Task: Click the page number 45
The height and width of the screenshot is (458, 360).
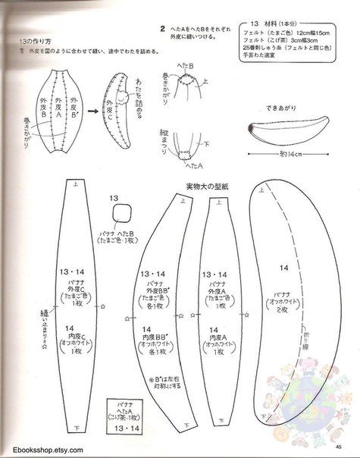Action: (346, 446)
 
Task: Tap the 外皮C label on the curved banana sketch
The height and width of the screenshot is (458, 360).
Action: (114, 100)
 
